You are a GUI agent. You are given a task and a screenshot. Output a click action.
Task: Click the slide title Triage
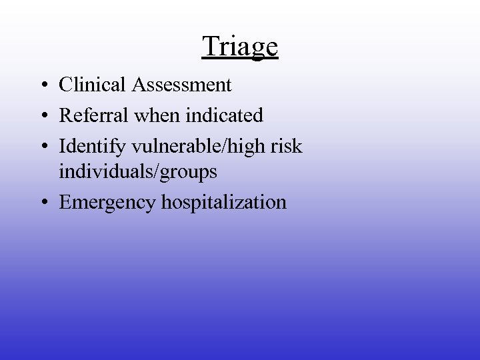point(240,47)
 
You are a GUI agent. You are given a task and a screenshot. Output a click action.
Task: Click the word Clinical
point(93,85)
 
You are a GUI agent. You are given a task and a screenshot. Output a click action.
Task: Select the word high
point(248,145)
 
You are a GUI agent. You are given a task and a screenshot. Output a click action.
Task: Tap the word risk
point(288,145)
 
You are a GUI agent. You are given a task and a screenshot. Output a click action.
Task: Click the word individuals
point(109,171)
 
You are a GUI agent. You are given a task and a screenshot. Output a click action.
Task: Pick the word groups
point(191,173)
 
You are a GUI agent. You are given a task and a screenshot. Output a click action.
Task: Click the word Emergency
point(108,202)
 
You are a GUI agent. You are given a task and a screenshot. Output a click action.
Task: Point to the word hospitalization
point(224,202)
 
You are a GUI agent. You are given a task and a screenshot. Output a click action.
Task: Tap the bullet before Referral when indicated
point(42,116)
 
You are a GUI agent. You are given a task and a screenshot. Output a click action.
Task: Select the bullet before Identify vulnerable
point(42,146)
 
